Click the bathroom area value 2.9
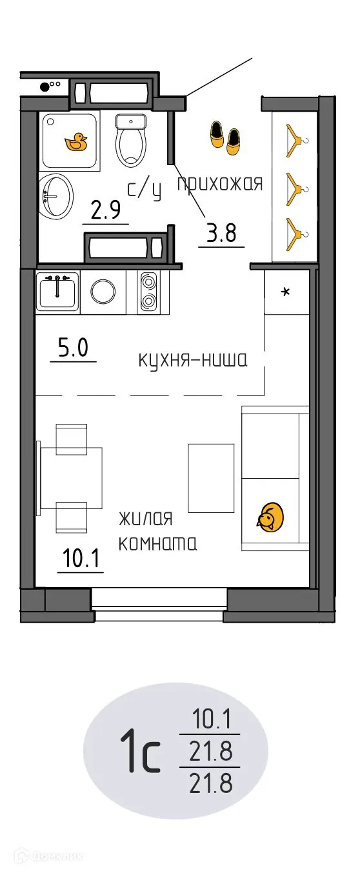[x=106, y=212]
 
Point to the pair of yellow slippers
[x=225, y=137]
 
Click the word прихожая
[x=220, y=184]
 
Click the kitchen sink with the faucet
[x=57, y=291]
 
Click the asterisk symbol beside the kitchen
[x=286, y=292]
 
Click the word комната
[x=157, y=544]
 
